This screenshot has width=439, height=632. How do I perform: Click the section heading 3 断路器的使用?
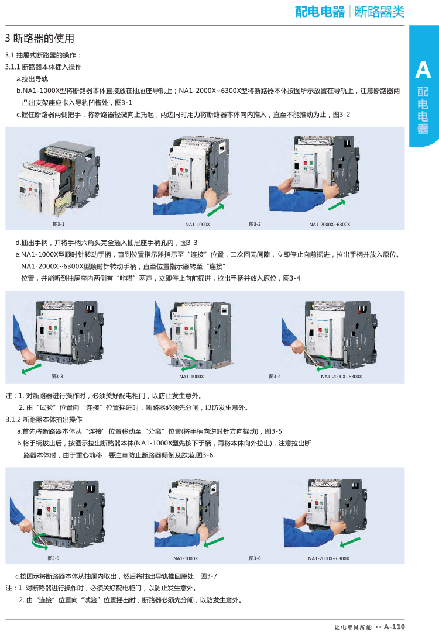click(40, 38)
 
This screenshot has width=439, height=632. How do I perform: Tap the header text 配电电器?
click(320, 12)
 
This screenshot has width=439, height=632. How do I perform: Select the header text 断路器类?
click(379, 12)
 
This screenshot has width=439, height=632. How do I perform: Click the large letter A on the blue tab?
click(423, 70)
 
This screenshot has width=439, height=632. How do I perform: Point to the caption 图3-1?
click(59, 224)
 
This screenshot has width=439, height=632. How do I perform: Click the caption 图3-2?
click(255, 224)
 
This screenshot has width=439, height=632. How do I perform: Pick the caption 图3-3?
click(57, 377)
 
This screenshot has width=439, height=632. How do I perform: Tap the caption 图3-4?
click(275, 377)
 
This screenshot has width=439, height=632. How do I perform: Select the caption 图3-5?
click(53, 558)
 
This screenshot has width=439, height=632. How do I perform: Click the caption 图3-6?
click(255, 558)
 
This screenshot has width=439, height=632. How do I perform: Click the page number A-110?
click(394, 627)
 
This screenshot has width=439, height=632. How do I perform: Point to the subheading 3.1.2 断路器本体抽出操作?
click(43, 419)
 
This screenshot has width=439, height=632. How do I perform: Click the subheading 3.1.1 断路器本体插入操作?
click(43, 67)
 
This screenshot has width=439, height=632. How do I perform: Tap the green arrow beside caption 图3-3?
click(32, 368)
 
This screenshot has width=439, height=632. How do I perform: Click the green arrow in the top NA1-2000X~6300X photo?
click(337, 205)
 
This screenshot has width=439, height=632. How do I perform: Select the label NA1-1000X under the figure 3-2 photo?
click(197, 225)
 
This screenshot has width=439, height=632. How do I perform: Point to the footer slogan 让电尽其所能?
click(352, 627)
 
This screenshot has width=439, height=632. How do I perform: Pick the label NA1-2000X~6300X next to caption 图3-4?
click(341, 377)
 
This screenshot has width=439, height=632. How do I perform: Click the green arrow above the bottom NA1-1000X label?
click(214, 542)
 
